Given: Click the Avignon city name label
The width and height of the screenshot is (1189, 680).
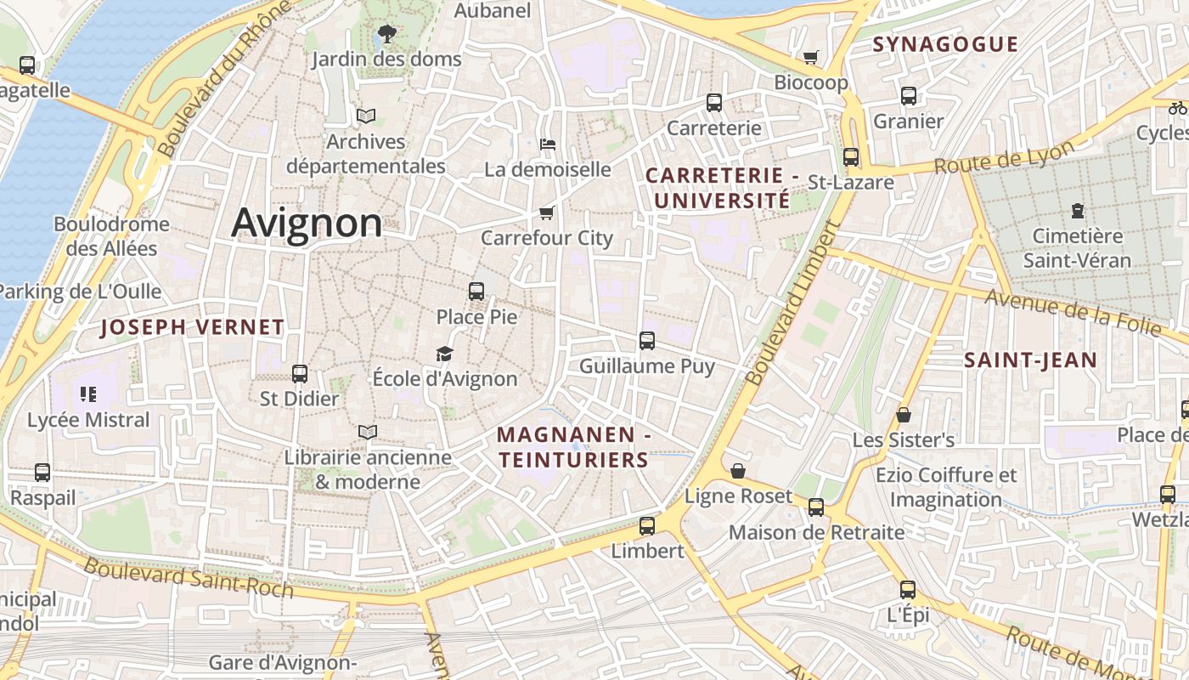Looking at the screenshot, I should [x=307, y=223].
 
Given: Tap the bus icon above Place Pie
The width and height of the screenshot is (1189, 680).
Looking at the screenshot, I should [x=476, y=291].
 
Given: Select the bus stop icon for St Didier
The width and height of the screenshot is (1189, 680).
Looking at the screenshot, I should [x=299, y=373].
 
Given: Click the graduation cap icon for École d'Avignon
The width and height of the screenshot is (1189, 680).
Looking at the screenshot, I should [x=444, y=354].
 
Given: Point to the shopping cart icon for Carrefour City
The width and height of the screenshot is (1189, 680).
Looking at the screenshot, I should [x=546, y=212].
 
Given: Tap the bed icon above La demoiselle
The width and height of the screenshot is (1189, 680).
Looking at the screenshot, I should [x=548, y=144].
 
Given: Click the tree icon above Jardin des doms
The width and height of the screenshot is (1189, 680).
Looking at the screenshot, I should [x=386, y=34].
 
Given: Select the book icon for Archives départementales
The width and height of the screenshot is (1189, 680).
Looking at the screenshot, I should [x=366, y=116].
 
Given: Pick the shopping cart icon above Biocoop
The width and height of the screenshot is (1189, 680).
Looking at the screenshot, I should [x=811, y=57].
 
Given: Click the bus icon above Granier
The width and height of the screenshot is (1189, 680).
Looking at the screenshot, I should [x=909, y=96].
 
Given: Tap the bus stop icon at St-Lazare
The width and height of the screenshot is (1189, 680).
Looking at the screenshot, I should [x=850, y=157].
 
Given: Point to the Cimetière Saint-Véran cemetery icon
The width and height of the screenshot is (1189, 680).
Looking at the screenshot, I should [x=1078, y=210].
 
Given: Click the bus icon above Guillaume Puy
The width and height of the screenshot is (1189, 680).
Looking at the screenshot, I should [x=647, y=341].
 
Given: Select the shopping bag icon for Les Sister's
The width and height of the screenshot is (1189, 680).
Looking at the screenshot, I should [x=904, y=415].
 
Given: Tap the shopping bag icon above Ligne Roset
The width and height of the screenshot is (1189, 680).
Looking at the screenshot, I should [x=738, y=470].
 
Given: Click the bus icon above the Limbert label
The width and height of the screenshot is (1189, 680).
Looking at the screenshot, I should [x=647, y=525].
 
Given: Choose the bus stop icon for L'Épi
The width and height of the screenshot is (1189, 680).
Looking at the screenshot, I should [x=908, y=589].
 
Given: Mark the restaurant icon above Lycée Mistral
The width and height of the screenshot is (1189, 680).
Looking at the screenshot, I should [x=88, y=394].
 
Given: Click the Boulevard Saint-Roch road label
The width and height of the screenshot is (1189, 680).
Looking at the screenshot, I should [x=189, y=578].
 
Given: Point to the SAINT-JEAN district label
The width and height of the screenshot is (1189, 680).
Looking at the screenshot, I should [x=1030, y=360].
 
